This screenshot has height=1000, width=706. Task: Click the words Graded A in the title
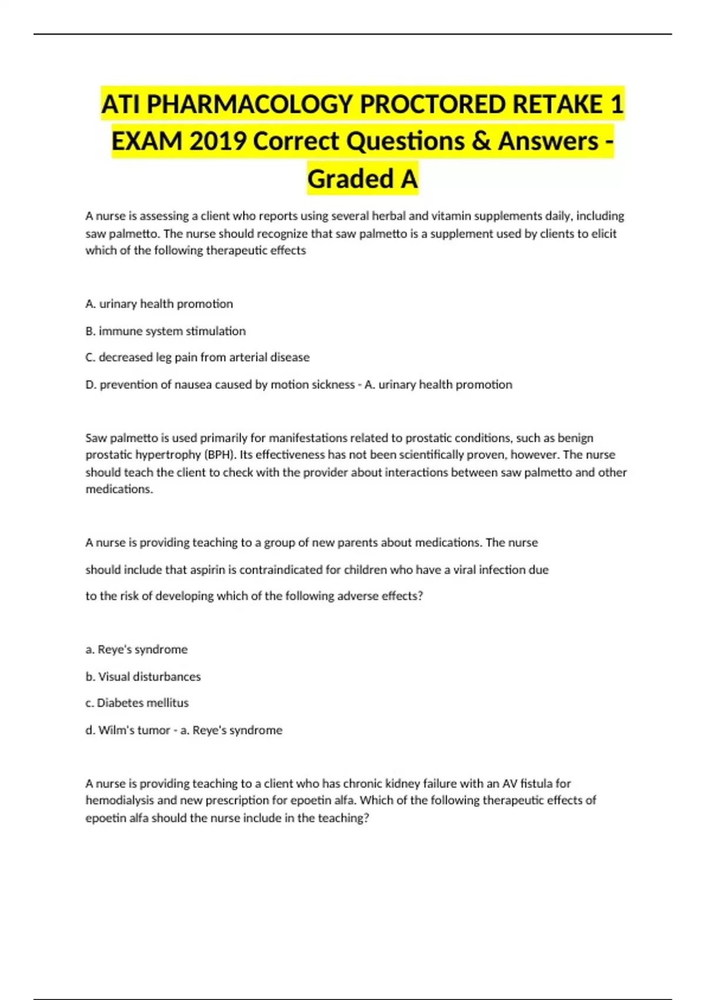pos(362,178)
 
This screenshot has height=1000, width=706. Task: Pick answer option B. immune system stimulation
pos(165,331)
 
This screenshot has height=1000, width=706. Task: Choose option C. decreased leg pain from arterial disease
pos(197,357)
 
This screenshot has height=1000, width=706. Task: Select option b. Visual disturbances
pos(143,676)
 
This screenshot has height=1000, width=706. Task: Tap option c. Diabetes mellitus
pos(137,703)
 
